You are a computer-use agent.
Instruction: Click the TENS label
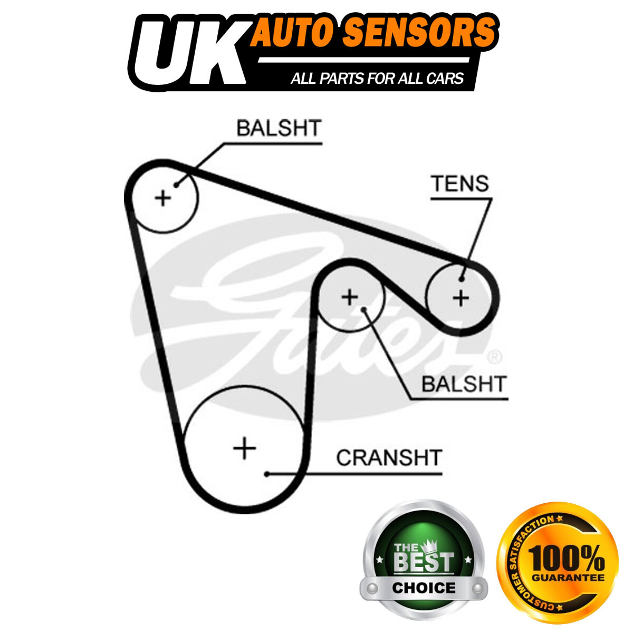460,184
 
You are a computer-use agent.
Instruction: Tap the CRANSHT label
389,457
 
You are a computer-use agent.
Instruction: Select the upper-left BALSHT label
279,128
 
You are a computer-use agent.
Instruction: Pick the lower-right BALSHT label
464,384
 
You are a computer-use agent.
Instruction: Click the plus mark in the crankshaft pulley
244,448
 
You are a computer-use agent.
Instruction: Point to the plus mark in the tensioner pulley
461,298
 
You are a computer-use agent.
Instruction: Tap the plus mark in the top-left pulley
163,198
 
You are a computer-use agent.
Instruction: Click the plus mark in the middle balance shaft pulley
350,297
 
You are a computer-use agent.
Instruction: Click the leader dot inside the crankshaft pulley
267,474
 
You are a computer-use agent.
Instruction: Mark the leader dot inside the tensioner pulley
462,279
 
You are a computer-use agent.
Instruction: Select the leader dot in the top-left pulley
176,185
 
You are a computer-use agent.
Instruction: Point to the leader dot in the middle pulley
363,309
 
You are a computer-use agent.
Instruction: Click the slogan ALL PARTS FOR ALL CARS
377,79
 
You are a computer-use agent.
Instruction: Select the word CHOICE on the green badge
424,588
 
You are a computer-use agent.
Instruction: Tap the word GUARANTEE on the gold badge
568,578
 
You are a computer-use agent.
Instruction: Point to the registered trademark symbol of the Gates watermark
495,357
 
